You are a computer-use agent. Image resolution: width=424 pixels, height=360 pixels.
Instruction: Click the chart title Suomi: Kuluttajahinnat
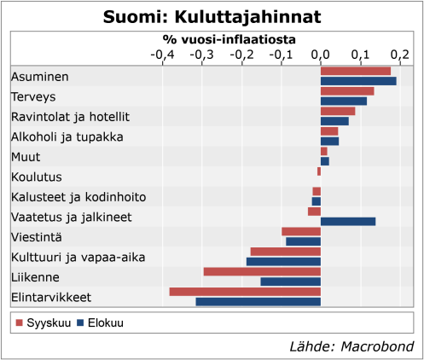point(212,17)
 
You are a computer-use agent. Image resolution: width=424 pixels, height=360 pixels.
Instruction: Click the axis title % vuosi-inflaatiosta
point(229,39)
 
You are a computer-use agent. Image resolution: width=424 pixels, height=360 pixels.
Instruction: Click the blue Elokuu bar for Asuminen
point(358,82)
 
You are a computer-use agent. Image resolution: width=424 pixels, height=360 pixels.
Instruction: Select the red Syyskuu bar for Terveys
point(347,91)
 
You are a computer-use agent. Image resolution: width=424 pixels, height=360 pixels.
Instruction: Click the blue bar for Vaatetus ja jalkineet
point(348,222)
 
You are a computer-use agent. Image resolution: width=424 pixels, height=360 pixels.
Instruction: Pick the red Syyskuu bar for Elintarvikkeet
point(245,292)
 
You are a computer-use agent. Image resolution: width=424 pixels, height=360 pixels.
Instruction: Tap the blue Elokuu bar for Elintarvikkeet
point(258,302)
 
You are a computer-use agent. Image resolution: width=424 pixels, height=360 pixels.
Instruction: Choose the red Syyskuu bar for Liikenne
point(262,272)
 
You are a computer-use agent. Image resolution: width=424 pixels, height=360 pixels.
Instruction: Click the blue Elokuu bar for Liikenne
point(291,282)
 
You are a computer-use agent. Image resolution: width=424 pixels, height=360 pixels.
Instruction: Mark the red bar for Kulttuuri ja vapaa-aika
point(286,252)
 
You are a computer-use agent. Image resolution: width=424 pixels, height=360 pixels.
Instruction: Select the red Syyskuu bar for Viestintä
point(301,231)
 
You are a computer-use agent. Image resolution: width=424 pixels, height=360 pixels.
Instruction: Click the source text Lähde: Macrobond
point(351,346)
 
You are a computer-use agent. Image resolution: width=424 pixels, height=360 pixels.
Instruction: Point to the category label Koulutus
point(36,177)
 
